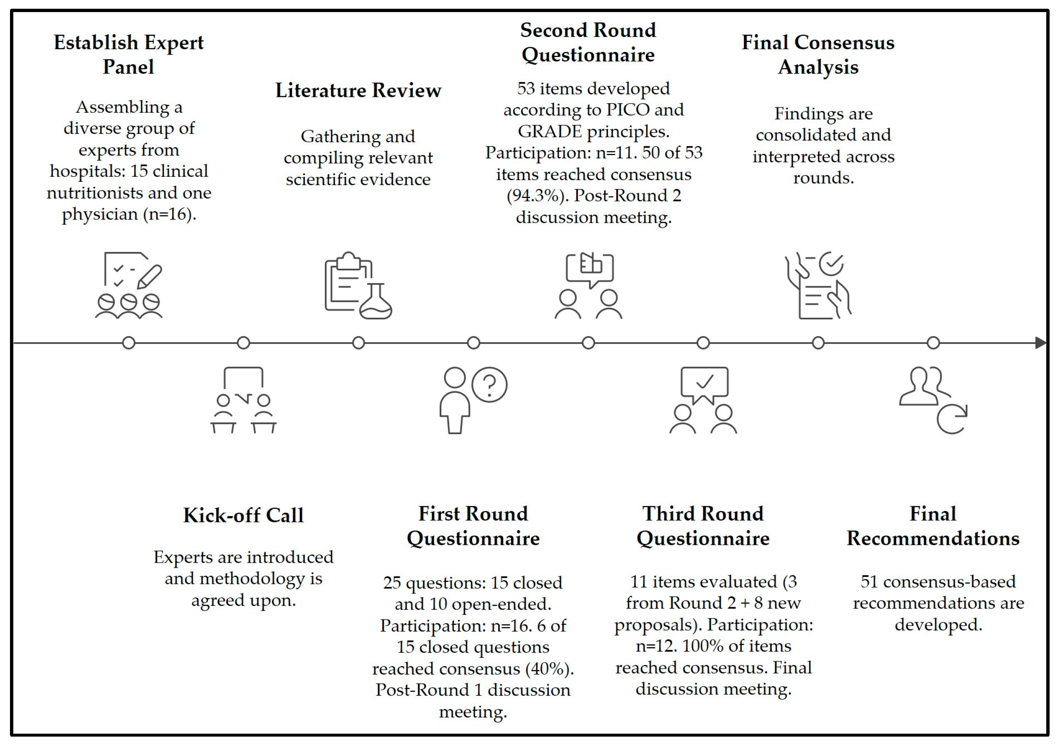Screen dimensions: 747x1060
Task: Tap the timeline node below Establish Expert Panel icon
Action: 129,343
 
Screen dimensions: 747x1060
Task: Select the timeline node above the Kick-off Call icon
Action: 243,343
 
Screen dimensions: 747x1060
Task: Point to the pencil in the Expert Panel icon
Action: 150,277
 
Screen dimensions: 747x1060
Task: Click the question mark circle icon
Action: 489,385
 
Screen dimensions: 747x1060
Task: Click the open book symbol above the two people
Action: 591,265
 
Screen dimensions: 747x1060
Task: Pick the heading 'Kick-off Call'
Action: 243,515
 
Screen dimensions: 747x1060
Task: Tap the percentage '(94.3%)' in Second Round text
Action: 537,196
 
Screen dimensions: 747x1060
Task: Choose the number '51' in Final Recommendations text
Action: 869,581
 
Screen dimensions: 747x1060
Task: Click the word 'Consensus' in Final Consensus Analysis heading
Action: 845,42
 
